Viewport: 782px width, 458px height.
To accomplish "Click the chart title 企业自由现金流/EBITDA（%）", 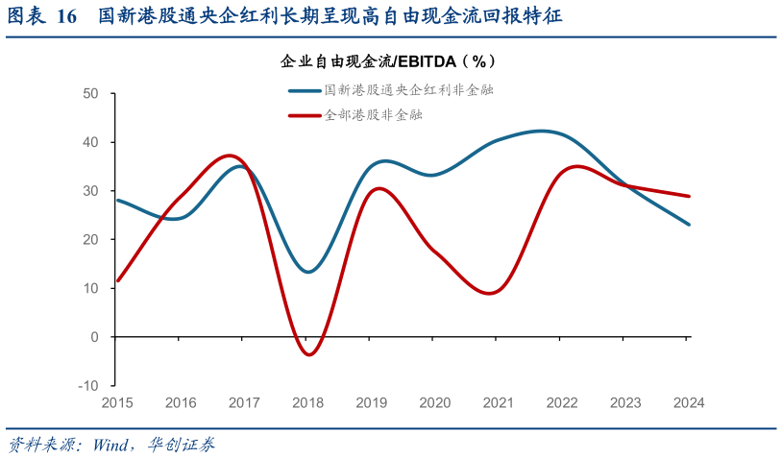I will point(388,60).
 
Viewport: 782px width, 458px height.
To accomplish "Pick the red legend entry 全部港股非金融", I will point(360,115).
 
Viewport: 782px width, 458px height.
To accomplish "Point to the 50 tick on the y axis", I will point(90,94).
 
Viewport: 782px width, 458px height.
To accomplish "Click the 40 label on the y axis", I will point(90,142).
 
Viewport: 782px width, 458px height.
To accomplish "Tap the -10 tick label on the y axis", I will point(88,385).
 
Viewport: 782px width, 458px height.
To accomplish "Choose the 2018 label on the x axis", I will point(307,402).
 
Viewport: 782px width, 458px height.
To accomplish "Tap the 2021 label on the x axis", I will point(499,402).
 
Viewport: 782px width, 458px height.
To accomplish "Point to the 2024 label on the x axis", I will point(689,402).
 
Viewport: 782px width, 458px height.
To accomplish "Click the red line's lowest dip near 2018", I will point(308,354).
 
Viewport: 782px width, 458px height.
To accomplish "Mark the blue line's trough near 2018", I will point(307,272).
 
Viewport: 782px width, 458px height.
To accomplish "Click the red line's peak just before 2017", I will point(229,155).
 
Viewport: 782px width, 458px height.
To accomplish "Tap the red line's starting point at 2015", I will point(117,280).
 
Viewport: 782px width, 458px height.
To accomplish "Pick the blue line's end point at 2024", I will point(689,224).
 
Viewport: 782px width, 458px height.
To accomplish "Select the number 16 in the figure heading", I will point(66,16).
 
